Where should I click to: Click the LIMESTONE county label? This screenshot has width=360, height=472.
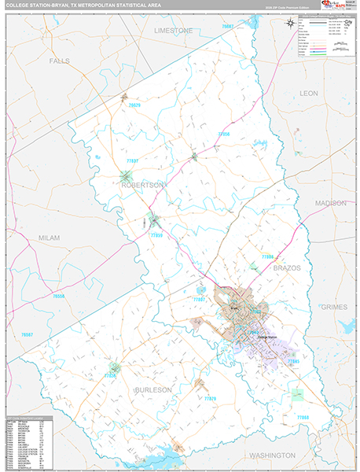pyautogui.click(x=173, y=30)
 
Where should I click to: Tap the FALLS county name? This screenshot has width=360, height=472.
pyautogui.click(x=60, y=61)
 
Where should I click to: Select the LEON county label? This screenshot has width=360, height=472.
pyautogui.click(x=309, y=93)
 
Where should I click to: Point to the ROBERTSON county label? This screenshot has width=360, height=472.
pyautogui.click(x=142, y=185)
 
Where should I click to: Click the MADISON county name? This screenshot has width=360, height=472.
pyautogui.click(x=330, y=203)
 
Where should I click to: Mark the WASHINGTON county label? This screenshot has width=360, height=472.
pyautogui.click(x=272, y=455)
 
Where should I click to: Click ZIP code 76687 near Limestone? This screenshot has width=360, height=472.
pyautogui.click(x=228, y=27)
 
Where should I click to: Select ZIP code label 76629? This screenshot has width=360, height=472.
pyautogui.click(x=134, y=105)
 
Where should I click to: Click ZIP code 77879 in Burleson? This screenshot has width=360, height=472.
pyautogui.click(x=209, y=399)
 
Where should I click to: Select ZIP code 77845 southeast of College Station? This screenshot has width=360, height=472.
pyautogui.click(x=292, y=361)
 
